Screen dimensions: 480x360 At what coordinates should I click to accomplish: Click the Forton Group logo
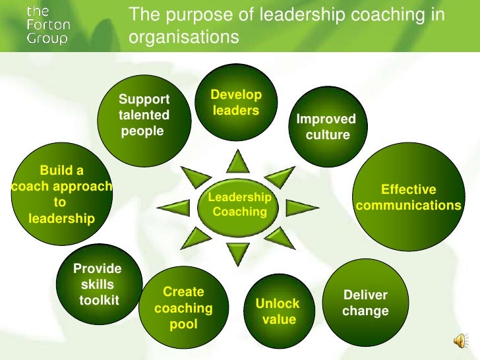[47, 24]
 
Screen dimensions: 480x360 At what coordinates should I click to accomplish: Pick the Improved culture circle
[324, 127]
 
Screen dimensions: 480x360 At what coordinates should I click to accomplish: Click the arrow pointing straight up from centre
[238, 160]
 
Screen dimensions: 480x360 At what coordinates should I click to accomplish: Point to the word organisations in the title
[183, 38]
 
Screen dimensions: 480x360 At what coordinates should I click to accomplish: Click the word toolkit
[99, 301]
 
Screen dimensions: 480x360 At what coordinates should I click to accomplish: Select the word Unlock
[278, 304]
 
